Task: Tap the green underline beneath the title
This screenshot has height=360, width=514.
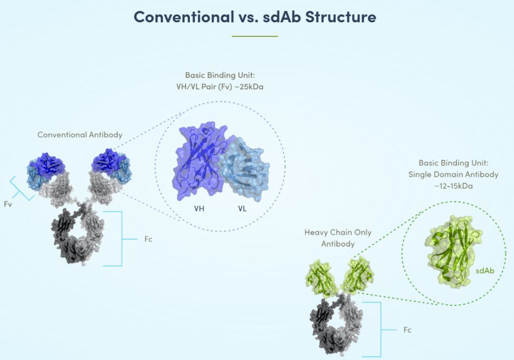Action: (x=255, y=36)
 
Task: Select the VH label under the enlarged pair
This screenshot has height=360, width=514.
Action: (x=199, y=208)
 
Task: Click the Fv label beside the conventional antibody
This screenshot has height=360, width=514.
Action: (x=7, y=204)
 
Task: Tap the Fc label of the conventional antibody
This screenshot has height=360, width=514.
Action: (x=148, y=239)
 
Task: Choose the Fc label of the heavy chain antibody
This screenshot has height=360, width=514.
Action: (x=407, y=330)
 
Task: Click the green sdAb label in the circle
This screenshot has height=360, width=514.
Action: (x=485, y=271)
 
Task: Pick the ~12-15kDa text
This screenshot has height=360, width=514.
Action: (x=453, y=186)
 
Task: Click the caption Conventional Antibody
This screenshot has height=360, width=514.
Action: (x=80, y=135)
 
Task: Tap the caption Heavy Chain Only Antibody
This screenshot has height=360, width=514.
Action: (x=338, y=238)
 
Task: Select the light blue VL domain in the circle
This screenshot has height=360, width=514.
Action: (x=247, y=166)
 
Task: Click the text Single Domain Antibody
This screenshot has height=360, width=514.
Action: (x=453, y=175)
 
